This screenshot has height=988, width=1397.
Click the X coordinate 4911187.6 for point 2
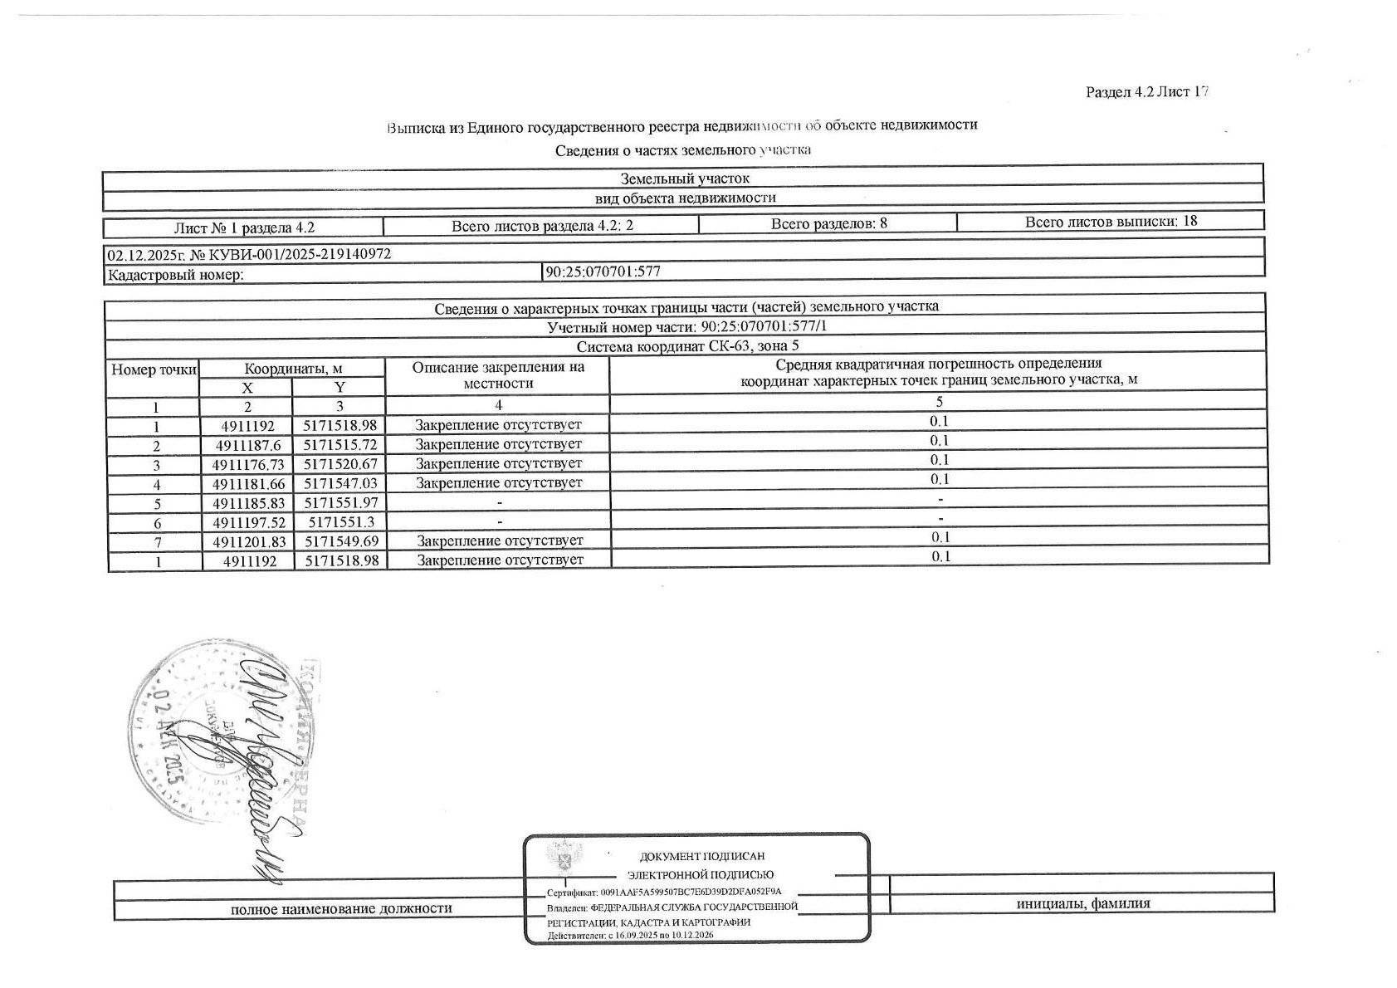point(248,445)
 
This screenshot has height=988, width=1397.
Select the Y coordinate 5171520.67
point(340,464)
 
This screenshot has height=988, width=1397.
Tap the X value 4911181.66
point(248,483)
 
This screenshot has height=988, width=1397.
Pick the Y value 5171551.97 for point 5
point(340,503)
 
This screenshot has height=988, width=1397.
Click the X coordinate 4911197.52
point(248,522)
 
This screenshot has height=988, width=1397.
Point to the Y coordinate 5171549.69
point(340,541)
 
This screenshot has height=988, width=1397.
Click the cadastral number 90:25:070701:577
point(603,271)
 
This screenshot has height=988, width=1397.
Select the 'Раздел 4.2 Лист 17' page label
point(1146,92)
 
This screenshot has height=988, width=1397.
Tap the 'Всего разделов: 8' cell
point(828,223)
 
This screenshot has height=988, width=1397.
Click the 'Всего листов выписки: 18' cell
point(1111,222)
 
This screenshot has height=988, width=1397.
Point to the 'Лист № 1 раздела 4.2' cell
point(244,227)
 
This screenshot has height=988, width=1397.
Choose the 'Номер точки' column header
point(154,369)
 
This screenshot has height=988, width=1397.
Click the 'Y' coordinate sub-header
point(339,388)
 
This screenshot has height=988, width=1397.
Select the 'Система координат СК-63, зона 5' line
point(687,346)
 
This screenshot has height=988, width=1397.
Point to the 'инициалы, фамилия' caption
point(1083,904)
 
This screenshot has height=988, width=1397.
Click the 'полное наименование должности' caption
point(341,908)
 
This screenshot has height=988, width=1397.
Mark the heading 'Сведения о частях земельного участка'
point(682,150)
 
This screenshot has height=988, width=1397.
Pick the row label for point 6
point(157,524)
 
